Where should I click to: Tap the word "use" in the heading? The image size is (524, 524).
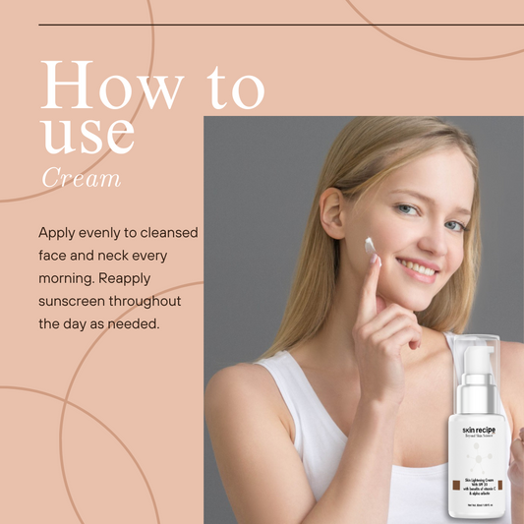[x=88, y=134]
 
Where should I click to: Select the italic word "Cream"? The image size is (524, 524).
[x=82, y=178]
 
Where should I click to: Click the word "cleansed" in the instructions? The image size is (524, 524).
[x=166, y=233]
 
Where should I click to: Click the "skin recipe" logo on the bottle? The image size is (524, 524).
[x=479, y=429]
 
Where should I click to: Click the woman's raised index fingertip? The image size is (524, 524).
[x=376, y=259]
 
